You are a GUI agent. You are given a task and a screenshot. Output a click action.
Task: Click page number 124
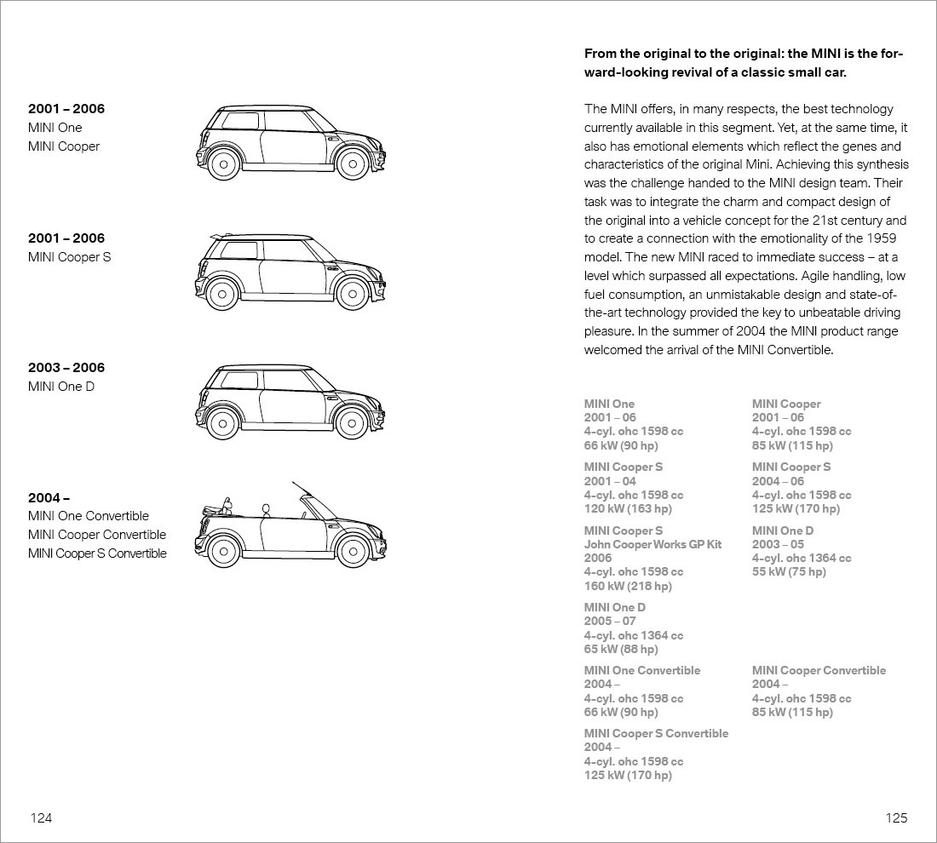41,818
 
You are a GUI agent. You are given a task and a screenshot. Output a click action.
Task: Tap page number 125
896,818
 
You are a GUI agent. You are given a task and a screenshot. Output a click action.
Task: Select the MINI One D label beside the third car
61,387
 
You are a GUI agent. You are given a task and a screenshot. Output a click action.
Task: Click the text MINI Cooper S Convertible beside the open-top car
97,553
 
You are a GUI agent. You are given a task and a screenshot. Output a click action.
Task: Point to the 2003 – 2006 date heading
66,368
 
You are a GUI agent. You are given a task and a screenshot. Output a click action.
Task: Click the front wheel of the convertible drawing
352,551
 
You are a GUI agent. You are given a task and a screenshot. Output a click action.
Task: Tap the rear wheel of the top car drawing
222,163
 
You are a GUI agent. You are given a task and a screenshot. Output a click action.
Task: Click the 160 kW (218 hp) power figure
628,586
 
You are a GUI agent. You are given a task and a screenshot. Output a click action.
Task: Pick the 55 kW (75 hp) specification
789,572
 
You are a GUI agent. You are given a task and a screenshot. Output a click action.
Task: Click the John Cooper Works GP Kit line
652,544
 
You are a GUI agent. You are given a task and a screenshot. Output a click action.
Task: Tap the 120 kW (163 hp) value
628,509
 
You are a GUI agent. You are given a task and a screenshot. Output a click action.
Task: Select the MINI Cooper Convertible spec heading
819,670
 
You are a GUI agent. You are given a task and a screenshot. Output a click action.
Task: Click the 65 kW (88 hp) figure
621,649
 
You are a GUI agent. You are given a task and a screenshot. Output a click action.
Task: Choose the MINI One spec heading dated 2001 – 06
609,404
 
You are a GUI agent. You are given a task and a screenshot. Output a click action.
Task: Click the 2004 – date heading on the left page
49,497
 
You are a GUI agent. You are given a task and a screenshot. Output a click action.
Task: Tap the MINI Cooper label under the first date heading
64,146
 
